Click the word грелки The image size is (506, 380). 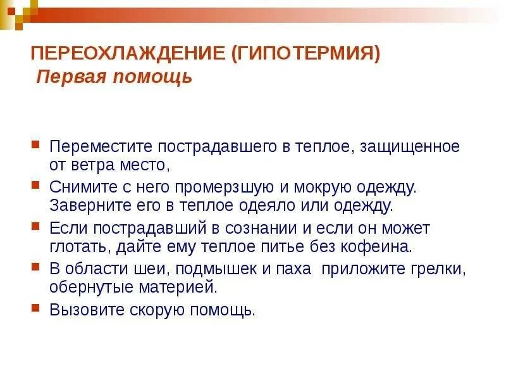pyautogui.click(x=442, y=268)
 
